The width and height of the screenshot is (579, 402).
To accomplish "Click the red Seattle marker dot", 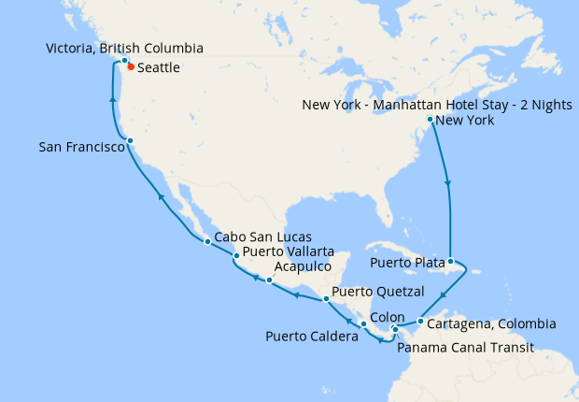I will click(130, 67).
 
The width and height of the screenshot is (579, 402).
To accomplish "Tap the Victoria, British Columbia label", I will click(124, 48).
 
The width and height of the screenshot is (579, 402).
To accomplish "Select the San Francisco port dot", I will click(131, 141).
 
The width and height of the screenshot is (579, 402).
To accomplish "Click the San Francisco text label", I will click(82, 148).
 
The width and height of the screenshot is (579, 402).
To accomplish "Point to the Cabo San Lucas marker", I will click(207, 243).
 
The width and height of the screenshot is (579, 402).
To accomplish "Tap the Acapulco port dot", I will click(269, 280).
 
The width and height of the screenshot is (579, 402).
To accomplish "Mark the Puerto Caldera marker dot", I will click(363, 323).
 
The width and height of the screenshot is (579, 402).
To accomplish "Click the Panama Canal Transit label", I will click(465, 348).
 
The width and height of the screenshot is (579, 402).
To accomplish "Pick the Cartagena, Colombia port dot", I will click(420, 323).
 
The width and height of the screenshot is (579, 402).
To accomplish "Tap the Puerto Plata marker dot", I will click(451, 262).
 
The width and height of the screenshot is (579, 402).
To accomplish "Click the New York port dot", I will click(430, 120).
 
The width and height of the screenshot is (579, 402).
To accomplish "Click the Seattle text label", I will click(159, 68).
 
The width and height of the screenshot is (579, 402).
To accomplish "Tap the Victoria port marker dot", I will click(124, 61).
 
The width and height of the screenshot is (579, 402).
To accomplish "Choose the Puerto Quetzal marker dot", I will click(325, 299).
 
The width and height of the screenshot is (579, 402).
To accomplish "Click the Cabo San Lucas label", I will click(262, 237).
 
